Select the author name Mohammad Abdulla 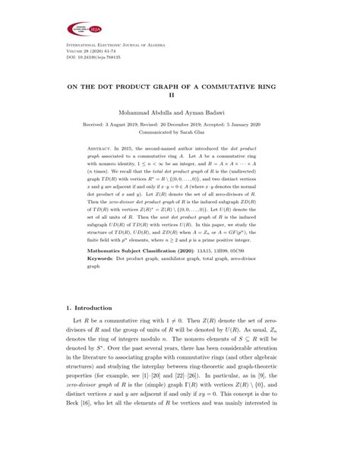click(x=140, y=112)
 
